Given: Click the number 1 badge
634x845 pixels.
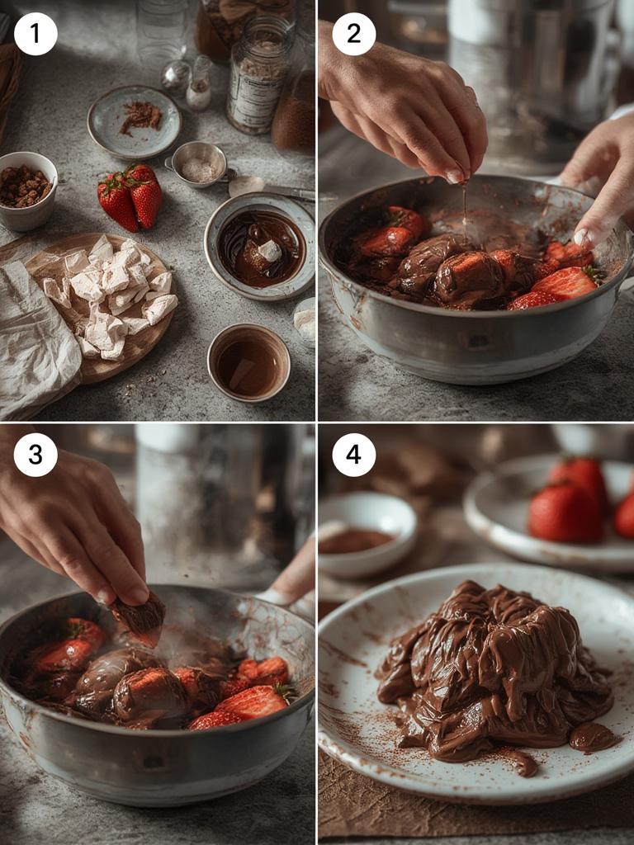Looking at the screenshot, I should (x=35, y=35).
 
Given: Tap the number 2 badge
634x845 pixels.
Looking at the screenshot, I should (x=353, y=35).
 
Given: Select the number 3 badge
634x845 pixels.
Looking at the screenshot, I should (x=35, y=455).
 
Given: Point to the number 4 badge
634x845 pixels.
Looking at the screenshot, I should (x=353, y=455).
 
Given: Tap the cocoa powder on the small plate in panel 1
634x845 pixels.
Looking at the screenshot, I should (x=140, y=116).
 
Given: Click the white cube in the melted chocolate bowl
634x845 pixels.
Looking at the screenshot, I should (x=269, y=250).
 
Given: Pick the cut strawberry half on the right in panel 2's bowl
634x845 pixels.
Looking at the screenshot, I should (x=565, y=283).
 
